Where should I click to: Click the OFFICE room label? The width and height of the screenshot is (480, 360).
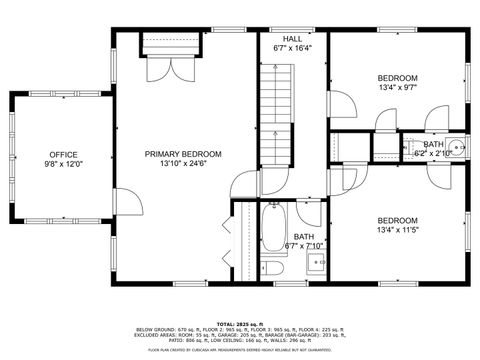[62, 155]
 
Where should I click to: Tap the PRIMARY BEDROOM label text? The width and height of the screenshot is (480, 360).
[183, 154]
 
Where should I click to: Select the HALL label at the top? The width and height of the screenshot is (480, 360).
[292, 38]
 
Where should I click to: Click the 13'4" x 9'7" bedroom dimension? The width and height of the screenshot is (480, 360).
[397, 87]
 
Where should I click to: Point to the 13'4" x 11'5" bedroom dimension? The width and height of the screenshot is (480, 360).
[397, 230]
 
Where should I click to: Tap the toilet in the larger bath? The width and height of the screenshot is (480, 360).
[273, 267]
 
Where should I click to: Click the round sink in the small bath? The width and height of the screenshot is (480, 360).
[456, 148]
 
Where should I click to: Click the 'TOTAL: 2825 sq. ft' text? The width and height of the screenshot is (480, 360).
[239, 324]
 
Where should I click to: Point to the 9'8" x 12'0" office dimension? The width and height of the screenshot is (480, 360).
[62, 165]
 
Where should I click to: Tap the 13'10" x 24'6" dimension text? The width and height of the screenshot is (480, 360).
[183, 164]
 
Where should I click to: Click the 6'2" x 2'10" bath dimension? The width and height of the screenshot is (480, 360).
[432, 154]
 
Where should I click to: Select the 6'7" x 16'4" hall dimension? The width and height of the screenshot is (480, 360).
[292, 48]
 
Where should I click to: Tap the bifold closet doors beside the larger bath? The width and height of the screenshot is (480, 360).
[228, 240]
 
